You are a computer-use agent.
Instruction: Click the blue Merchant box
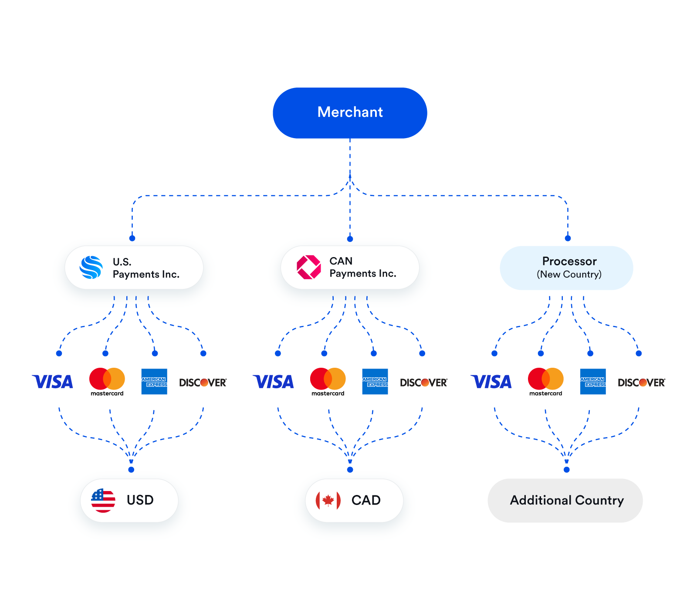[350, 113]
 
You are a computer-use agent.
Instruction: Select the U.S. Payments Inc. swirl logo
[91, 268]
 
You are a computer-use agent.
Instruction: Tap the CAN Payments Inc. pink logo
[308, 267]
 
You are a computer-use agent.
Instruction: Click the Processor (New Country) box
[566, 268]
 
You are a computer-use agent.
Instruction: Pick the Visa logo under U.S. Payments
[53, 382]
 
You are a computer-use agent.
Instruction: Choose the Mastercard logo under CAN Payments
[328, 380]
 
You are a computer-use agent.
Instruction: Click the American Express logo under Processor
[593, 382]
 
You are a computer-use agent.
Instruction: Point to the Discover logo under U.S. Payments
[203, 383]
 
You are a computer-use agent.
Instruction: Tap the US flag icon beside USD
[103, 500]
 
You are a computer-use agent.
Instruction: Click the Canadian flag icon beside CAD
[328, 500]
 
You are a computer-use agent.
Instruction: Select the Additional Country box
[565, 501]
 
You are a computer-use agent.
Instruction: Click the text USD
[140, 500]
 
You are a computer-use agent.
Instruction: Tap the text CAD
[366, 500]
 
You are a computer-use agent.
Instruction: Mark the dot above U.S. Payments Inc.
[132, 238]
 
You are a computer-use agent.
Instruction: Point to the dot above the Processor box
[568, 238]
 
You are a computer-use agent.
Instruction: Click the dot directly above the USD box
[131, 470]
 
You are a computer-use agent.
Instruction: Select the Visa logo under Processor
[491, 382]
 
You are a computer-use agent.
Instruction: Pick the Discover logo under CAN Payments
[424, 383]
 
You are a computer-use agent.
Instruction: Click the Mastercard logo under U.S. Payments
[107, 380]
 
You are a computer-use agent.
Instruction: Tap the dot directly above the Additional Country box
[566, 470]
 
